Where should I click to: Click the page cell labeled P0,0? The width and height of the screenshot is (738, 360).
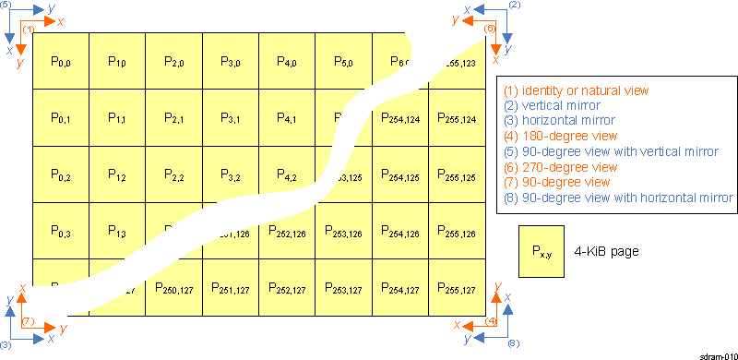coord(60,61)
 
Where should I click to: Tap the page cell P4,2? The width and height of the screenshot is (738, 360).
coord(287,174)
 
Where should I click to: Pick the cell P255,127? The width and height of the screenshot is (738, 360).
coord(458,289)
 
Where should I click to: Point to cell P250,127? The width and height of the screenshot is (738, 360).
coord(173,289)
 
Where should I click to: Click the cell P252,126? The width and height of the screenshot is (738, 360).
coord(287,232)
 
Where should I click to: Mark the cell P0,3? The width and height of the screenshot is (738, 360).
coord(60,232)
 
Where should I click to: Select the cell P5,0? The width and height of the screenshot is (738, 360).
coord(343,61)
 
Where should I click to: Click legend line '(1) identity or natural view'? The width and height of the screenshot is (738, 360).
coord(577,90)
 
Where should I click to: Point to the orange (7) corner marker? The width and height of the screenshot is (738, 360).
coord(28,321)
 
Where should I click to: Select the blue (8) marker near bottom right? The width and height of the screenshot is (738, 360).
coord(514,342)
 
